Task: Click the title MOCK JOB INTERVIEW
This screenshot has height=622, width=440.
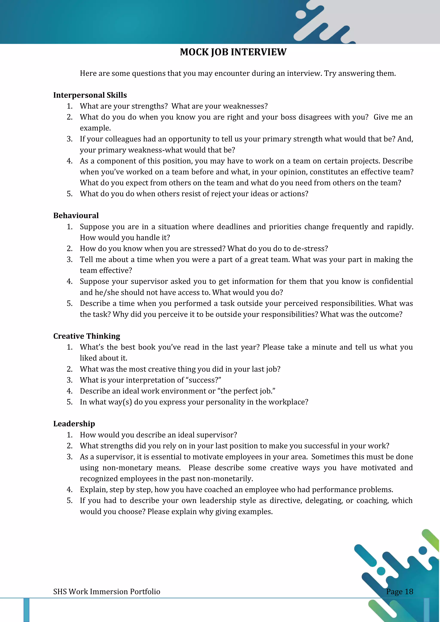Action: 233,52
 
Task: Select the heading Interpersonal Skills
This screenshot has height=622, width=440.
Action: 90,95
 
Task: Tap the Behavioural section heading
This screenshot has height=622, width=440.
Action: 76,216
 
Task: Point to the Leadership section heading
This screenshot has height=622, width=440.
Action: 74,424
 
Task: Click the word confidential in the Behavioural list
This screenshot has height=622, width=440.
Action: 392,282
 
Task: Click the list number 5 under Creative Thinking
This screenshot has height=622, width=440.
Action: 70,402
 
